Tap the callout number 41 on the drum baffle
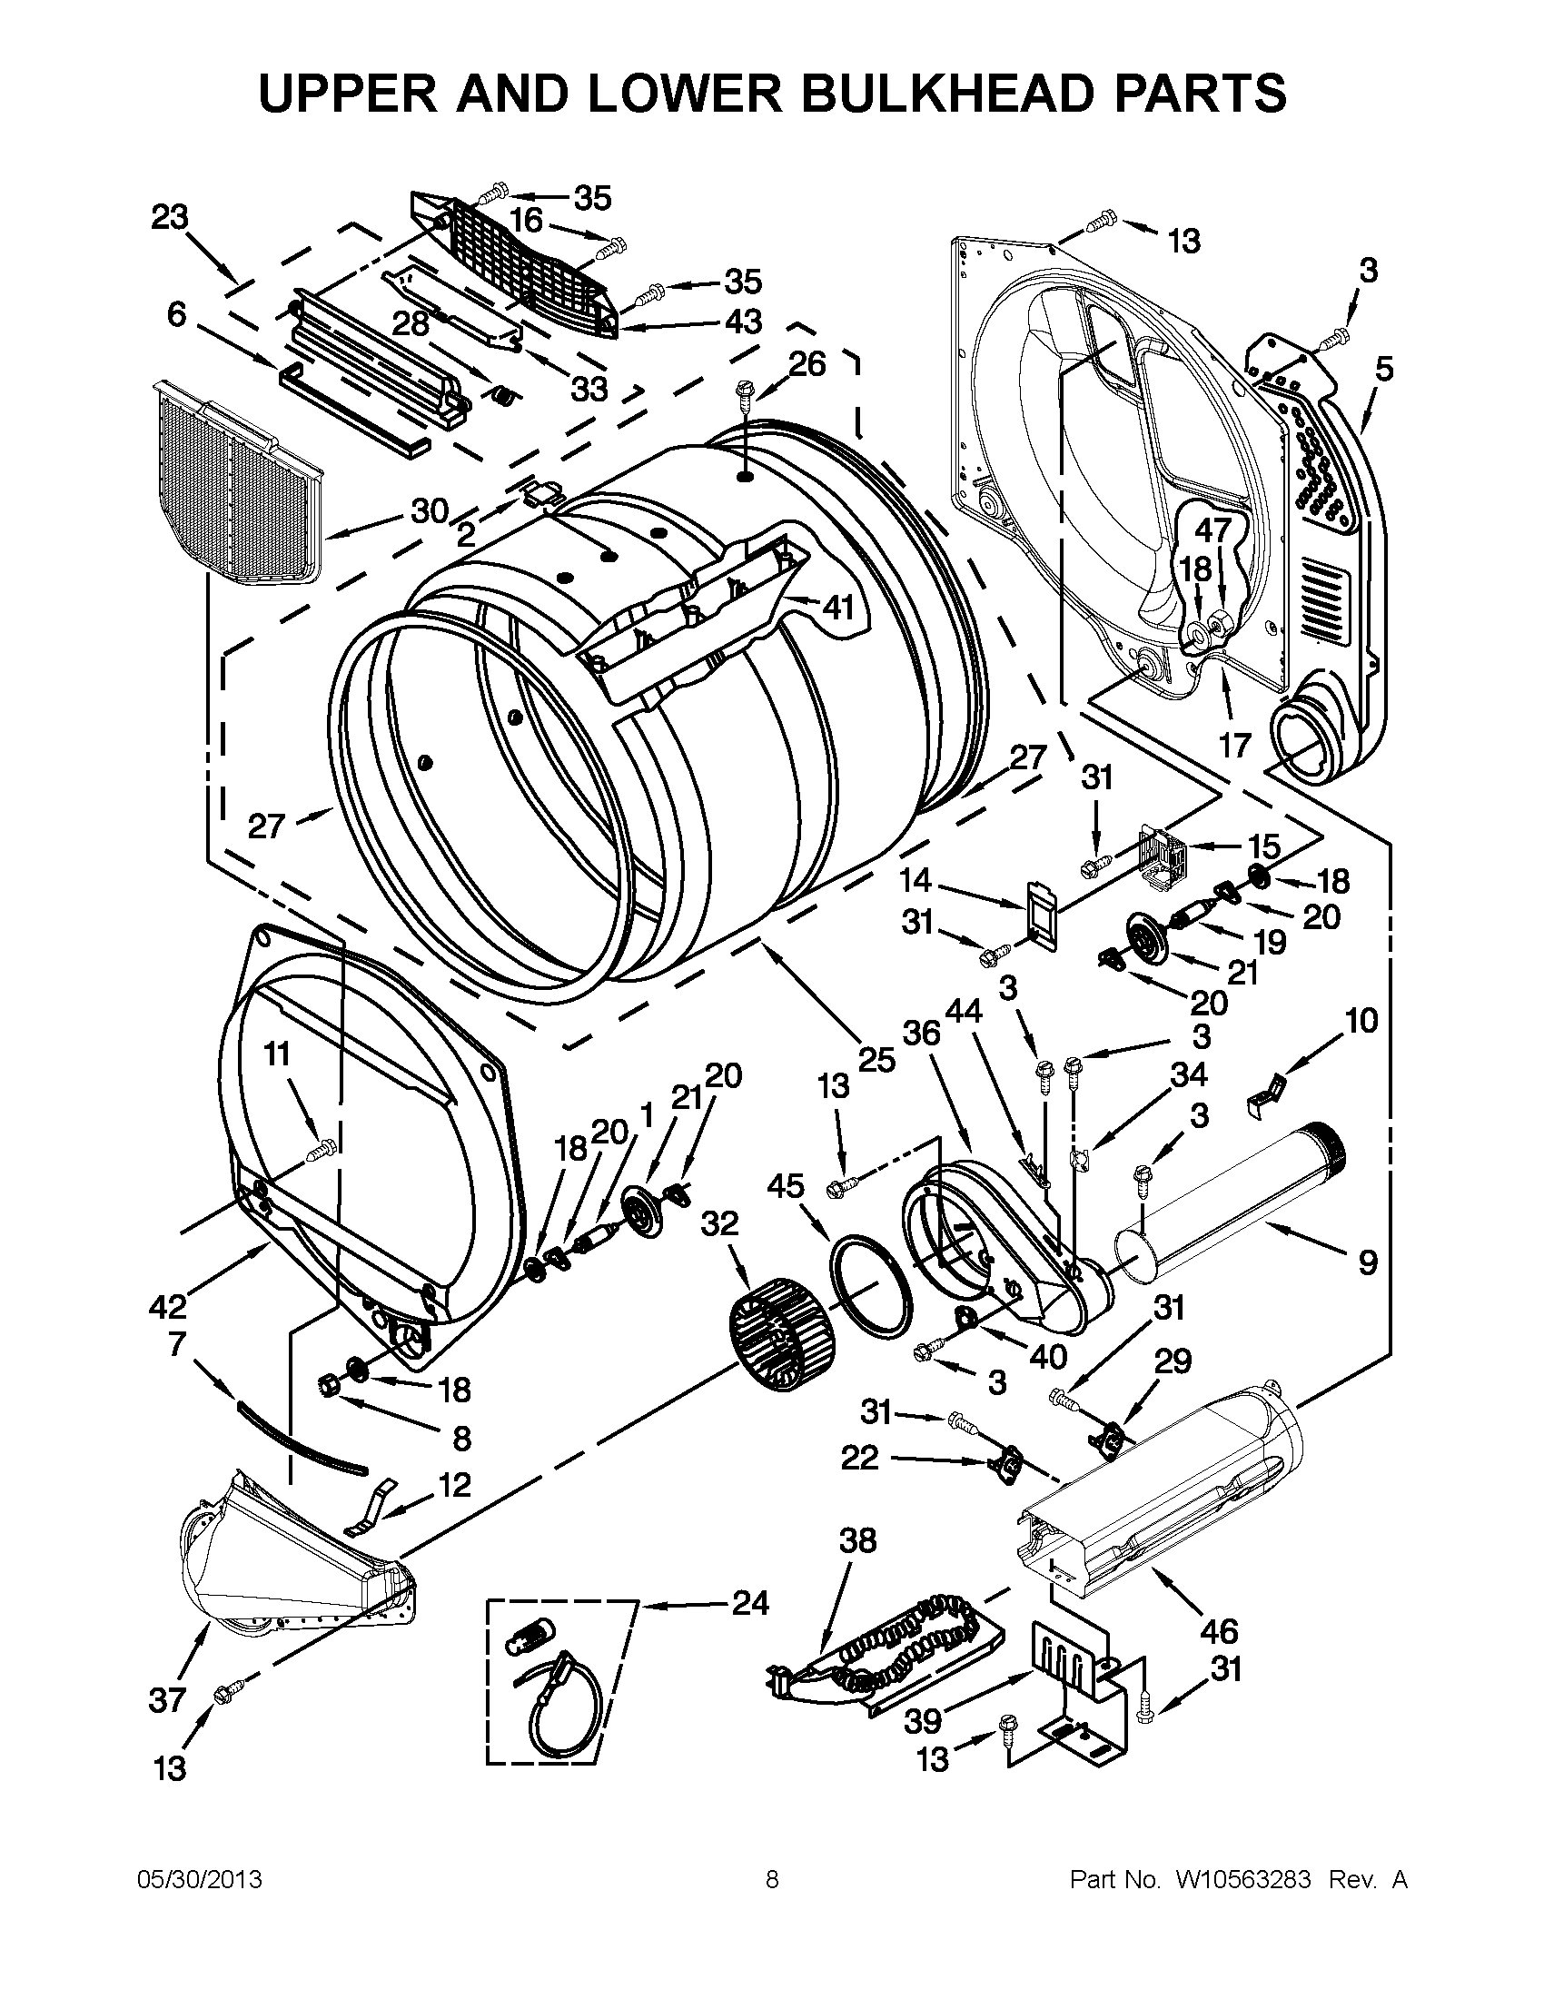[x=837, y=607]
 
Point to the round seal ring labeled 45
[x=875, y=1281]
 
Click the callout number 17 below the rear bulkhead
[x=1234, y=745]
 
